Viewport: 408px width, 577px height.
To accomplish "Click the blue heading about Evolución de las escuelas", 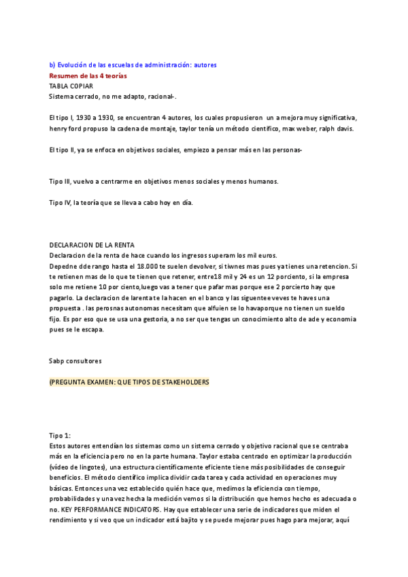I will click(133, 65).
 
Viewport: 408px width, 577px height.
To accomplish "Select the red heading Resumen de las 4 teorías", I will click(88, 76).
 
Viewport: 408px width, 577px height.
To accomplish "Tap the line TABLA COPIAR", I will click(71, 86).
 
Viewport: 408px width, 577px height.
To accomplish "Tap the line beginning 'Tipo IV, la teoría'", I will click(121, 202).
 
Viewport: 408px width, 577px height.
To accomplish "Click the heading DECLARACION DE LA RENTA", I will click(92, 244).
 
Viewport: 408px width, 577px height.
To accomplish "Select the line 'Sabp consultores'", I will click(75, 361).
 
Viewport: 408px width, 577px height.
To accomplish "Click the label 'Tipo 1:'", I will click(60, 435).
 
